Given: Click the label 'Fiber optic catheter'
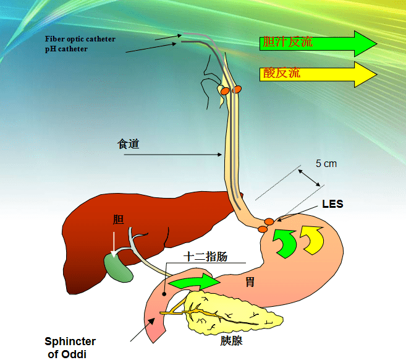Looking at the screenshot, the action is [80, 39].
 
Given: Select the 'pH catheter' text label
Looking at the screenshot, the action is [66, 49].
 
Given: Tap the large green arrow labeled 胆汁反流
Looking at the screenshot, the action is [318, 43].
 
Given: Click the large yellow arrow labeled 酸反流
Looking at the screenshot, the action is [318, 74].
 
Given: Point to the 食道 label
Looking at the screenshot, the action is [129, 144].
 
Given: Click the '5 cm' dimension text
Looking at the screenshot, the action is [326, 163].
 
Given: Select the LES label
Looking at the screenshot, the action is [332, 204].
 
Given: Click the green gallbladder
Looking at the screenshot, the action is [119, 268].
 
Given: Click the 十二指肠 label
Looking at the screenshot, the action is [206, 257].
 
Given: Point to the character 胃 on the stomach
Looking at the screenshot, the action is [250, 281].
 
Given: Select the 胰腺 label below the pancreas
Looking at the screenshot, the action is [232, 341].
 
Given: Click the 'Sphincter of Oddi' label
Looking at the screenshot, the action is [70, 348].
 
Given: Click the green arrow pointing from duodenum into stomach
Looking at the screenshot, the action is [194, 281].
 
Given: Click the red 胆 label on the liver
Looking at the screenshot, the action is [118, 220].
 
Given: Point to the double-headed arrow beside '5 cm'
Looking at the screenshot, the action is [309, 178].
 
